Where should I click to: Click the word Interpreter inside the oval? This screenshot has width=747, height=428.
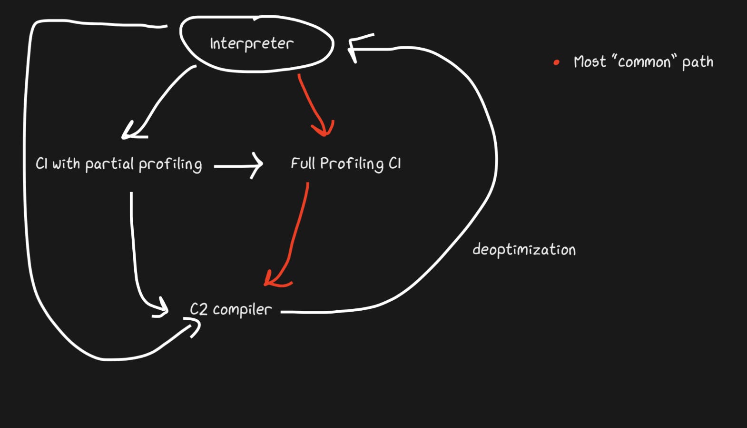pyautogui.click(x=252, y=44)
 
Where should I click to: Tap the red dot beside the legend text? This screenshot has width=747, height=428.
pyautogui.click(x=556, y=62)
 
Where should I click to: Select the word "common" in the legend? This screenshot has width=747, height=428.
pyautogui.click(x=644, y=62)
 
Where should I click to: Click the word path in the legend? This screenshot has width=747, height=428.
pyautogui.click(x=698, y=62)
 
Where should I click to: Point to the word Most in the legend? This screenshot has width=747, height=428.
pyautogui.click(x=590, y=62)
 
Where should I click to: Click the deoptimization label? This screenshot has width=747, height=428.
pyautogui.click(x=524, y=250)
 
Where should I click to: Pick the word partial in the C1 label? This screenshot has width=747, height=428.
pyautogui.click(x=109, y=164)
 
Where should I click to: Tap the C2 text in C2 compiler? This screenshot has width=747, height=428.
pyautogui.click(x=199, y=309)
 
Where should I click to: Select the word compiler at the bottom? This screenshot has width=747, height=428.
pyautogui.click(x=242, y=310)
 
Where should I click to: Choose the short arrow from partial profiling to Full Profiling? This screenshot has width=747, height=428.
pyautogui.click(x=238, y=166)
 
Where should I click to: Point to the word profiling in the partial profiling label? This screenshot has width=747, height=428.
pyautogui.click(x=170, y=164)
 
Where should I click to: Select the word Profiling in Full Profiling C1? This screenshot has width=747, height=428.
pyautogui.click(x=352, y=163)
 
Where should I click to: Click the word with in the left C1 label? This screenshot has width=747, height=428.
pyautogui.click(x=66, y=164)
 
